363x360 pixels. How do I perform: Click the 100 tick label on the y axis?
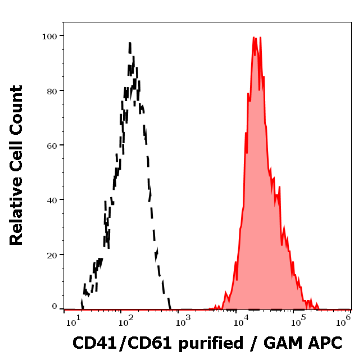[50, 36]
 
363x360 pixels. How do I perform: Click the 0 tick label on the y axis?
[55, 307]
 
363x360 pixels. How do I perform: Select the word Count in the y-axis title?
[17, 107]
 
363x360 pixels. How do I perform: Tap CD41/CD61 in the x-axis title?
[114, 342]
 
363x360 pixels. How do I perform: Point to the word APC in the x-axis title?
[326, 342]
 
